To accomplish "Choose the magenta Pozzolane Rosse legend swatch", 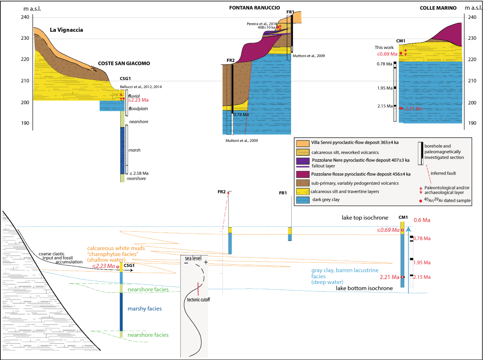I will click(302, 174).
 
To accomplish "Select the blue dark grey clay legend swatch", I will click(302, 199).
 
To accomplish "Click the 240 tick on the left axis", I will click(25, 17).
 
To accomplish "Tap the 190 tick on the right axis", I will click(470, 123).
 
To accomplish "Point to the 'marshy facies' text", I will click(145, 309).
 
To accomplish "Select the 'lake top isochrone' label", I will click(365, 218).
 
